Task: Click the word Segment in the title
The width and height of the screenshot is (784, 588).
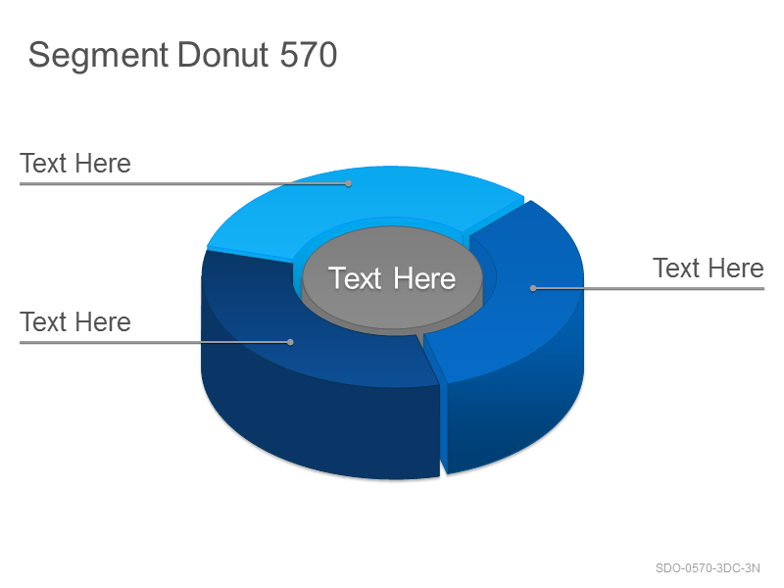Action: click(98, 56)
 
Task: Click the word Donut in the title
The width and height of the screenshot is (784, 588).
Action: click(223, 54)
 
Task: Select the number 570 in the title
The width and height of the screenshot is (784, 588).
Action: click(309, 54)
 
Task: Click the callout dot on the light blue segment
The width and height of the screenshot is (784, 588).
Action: click(349, 184)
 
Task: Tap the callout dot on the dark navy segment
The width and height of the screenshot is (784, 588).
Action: click(290, 342)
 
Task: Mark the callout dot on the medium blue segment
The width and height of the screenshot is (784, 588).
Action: click(533, 288)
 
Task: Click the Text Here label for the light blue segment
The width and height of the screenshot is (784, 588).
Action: click(75, 164)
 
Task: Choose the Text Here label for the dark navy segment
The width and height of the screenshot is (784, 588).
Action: click(75, 322)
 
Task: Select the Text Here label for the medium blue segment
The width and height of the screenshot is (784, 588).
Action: click(709, 269)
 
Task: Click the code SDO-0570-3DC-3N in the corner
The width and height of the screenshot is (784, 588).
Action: click(708, 568)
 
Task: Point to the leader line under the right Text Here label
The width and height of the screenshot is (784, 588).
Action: click(649, 288)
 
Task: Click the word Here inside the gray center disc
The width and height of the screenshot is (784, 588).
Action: click(424, 278)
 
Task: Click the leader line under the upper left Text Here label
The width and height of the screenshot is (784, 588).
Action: click(184, 184)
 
